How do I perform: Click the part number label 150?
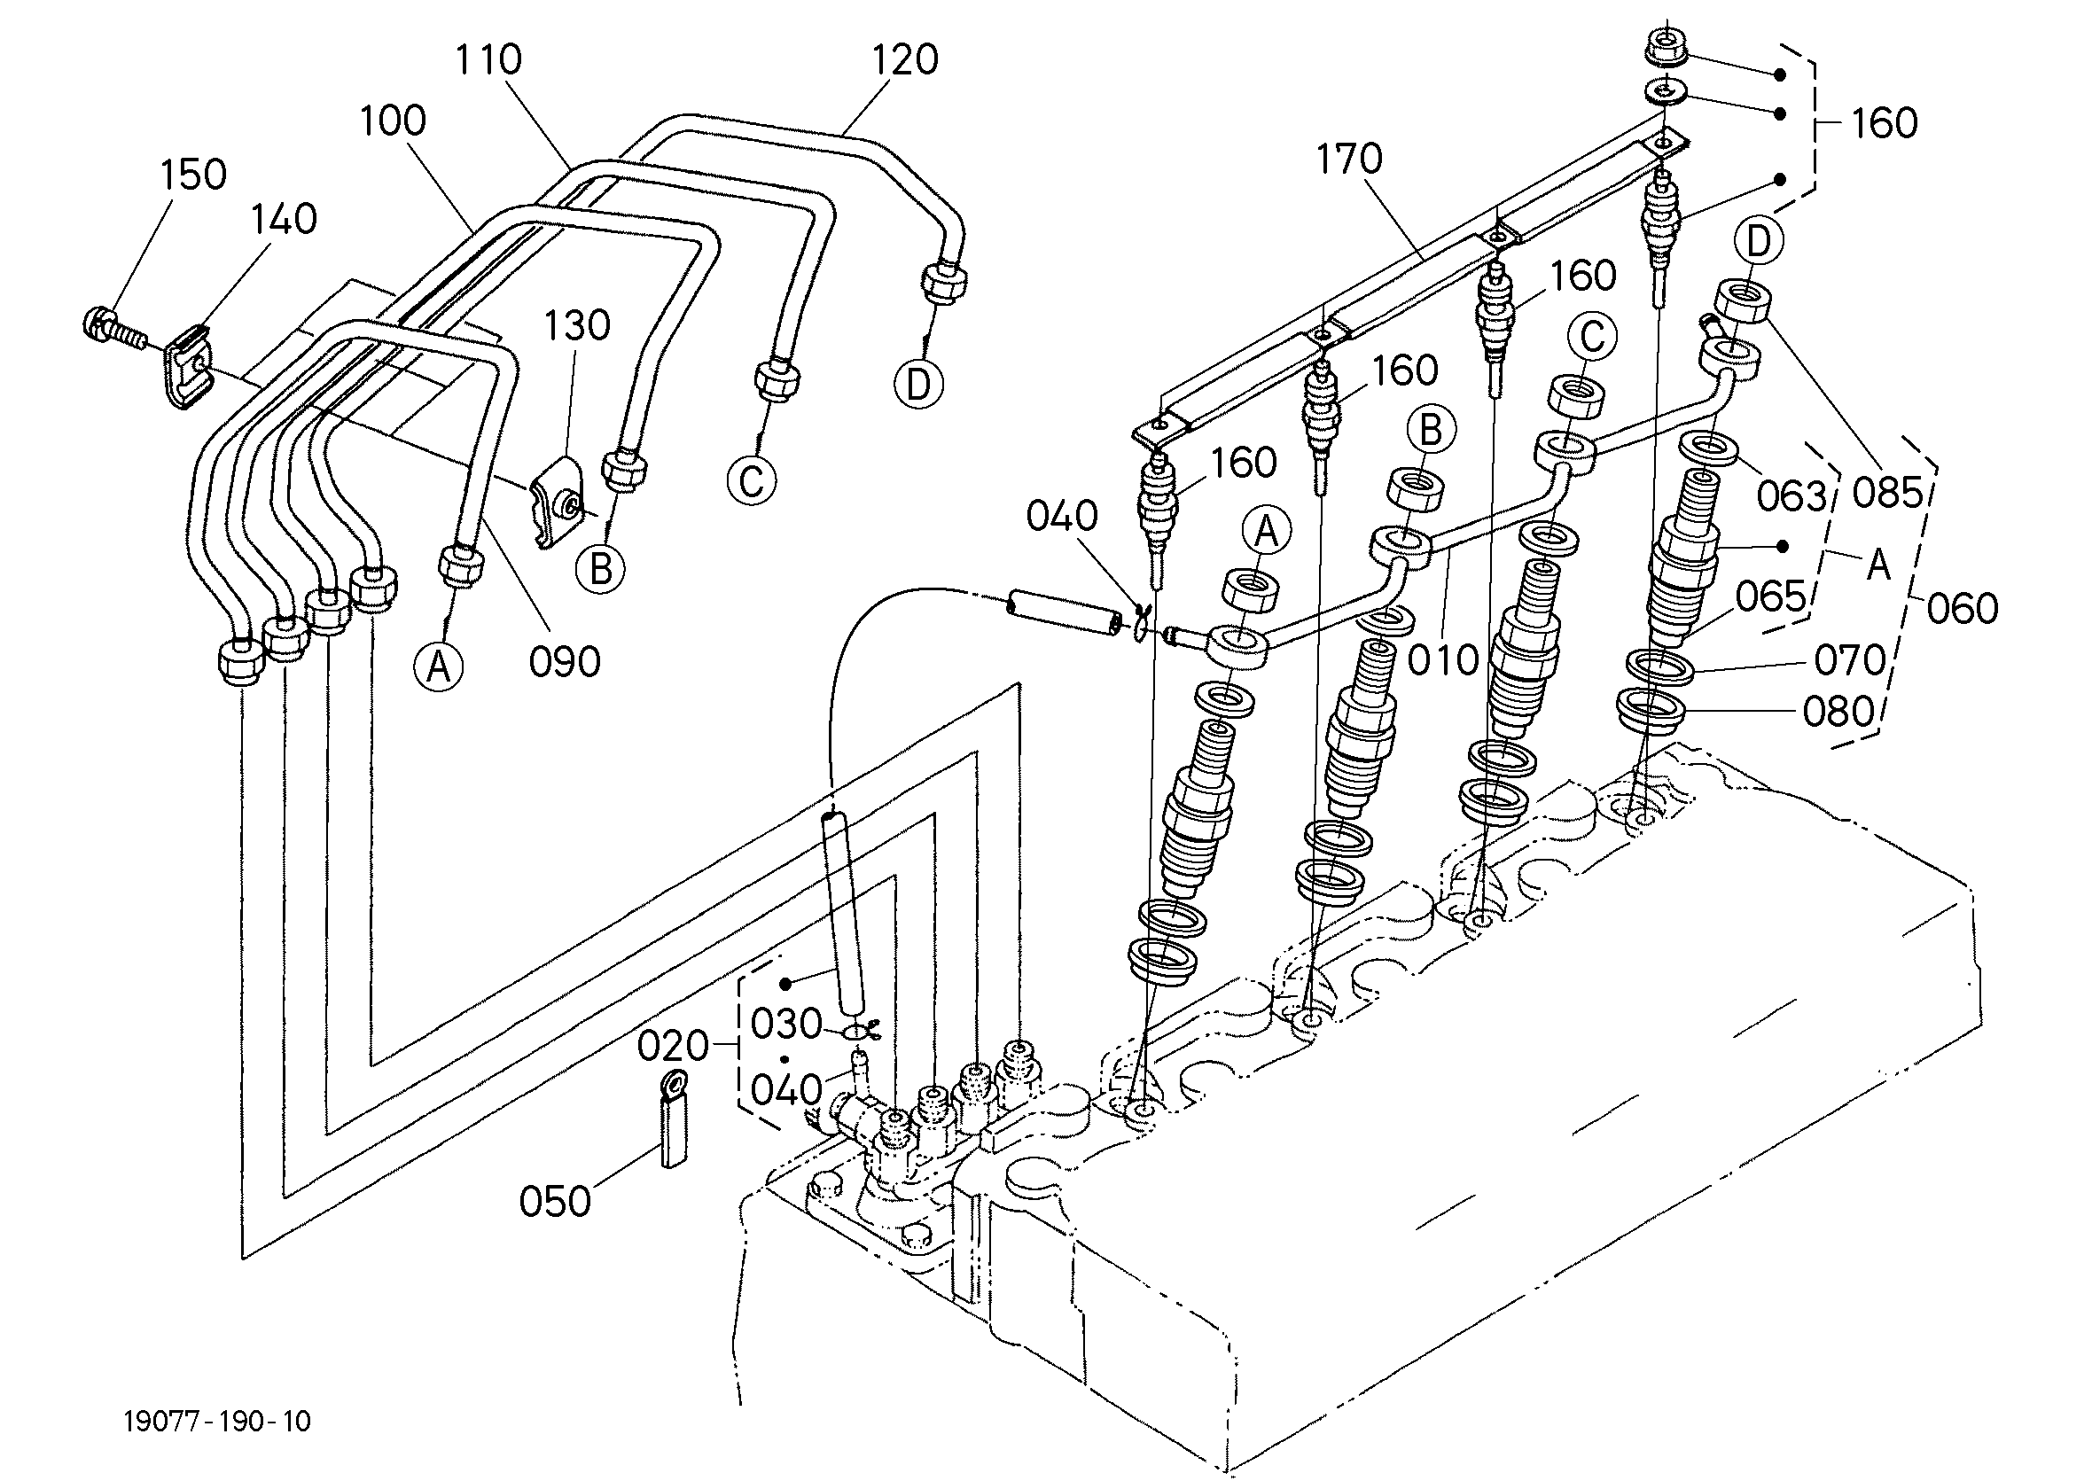click(x=193, y=175)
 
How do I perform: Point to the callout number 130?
click(x=576, y=325)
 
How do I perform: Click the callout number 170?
click(x=1349, y=159)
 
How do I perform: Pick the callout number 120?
click(x=905, y=60)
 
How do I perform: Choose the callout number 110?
click(x=488, y=60)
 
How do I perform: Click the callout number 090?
click(x=565, y=662)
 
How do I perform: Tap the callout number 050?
click(x=556, y=1201)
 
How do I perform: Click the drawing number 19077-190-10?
click(x=217, y=1422)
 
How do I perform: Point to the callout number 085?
click(x=1887, y=494)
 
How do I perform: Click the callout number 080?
click(x=1838, y=713)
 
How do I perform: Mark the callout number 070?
click(x=1849, y=660)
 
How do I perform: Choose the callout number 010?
click(x=1441, y=660)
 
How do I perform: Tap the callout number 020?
click(x=673, y=1046)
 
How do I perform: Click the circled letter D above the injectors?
click(x=1757, y=242)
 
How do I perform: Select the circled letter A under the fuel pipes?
click(x=439, y=667)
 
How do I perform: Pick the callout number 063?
click(x=1792, y=496)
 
